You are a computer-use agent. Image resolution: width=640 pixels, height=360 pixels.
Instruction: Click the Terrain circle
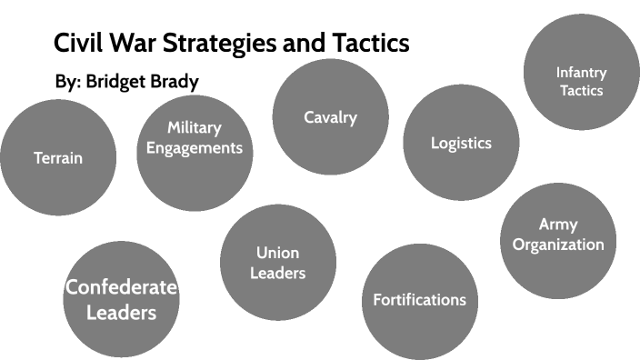click(58, 157)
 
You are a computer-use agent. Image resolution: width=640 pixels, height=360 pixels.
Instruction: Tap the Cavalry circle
click(330, 117)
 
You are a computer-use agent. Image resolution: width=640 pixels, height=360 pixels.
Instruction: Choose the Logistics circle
click(461, 143)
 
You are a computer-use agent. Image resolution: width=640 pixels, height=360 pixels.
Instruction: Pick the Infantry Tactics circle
click(582, 71)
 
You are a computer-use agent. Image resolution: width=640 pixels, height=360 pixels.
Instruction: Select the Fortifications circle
click(419, 300)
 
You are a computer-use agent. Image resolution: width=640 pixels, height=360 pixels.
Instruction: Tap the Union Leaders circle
click(277, 262)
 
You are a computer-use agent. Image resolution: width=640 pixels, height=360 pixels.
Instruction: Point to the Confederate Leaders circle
click(122, 300)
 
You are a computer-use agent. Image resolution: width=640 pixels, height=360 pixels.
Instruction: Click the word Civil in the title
click(78, 43)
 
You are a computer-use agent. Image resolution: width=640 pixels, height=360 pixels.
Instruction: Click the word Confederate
click(122, 288)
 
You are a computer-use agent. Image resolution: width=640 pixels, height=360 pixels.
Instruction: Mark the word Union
click(277, 252)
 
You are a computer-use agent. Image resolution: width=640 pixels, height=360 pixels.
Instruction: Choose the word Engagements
click(195, 147)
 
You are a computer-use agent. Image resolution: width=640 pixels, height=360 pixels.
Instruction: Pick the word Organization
click(558, 245)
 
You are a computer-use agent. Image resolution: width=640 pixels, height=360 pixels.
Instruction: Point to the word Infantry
click(582, 72)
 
